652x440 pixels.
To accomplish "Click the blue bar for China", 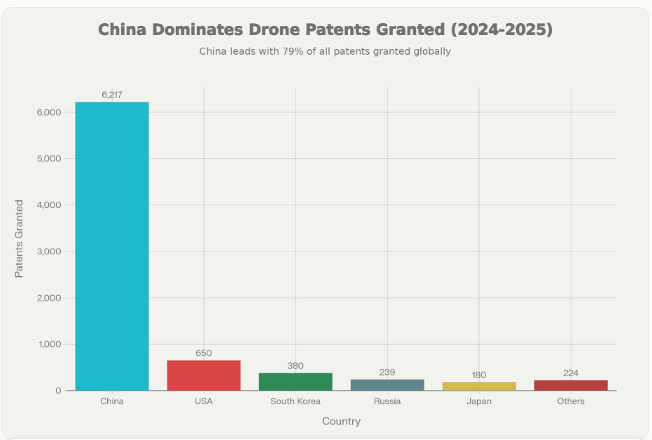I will coord(112,246).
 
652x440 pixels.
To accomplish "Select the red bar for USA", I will coord(204,376).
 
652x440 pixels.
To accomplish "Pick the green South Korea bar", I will coord(296,382).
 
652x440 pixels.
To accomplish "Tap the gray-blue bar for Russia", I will coord(387,385).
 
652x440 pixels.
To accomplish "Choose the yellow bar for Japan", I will coord(479,386).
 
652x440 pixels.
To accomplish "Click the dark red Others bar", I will coord(571,385).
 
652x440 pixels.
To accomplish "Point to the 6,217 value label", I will coord(112,95).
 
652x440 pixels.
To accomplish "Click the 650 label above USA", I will coord(204,353).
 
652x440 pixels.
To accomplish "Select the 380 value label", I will coord(296,366).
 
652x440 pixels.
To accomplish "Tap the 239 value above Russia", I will coord(387,372).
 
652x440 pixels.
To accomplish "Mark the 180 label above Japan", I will coord(479,375).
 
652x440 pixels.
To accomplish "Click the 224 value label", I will coord(571,373).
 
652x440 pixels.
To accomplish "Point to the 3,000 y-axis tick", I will coord(48,252).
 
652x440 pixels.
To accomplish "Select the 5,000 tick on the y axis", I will coord(48,158).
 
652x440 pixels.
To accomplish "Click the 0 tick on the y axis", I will coord(58,391).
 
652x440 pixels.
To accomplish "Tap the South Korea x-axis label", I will coord(296,401).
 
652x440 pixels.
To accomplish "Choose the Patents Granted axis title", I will coord(20,238).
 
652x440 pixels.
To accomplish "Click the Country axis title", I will coord(341,421).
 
